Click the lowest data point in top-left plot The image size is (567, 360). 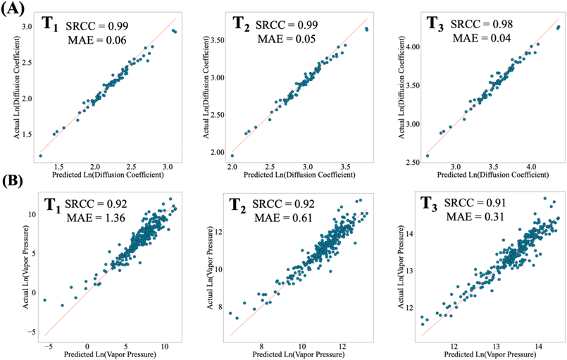coord(40,156)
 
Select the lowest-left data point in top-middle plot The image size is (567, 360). coord(232,156)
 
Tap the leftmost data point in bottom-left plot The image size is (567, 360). coord(45,300)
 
